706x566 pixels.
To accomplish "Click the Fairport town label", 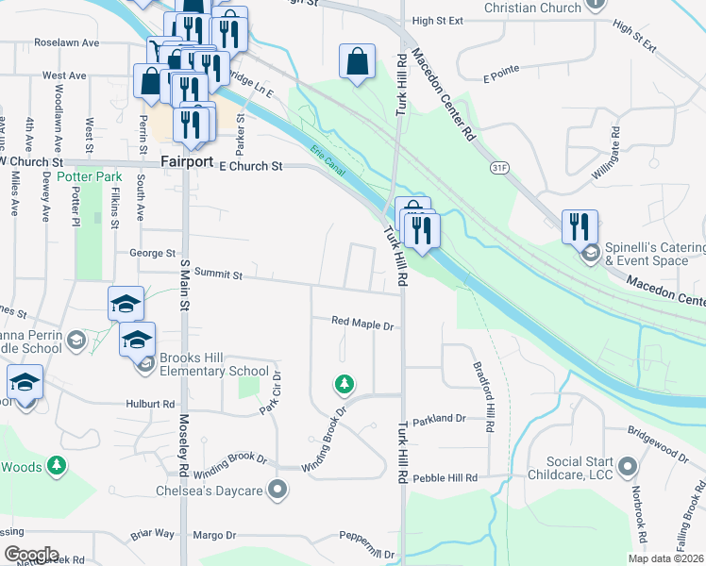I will click(x=186, y=161).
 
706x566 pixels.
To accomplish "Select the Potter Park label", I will click(x=90, y=176).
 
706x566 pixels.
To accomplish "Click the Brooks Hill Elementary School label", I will click(x=202, y=364).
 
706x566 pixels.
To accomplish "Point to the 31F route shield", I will click(x=499, y=167).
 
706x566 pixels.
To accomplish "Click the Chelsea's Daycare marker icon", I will click(x=277, y=489).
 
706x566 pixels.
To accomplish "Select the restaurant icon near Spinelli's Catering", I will click(x=580, y=226).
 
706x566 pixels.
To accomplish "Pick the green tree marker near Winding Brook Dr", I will click(x=345, y=384).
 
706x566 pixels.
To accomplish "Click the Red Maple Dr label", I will click(x=361, y=323).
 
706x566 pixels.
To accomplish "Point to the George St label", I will click(x=153, y=253).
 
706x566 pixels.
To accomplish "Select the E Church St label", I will click(x=251, y=166).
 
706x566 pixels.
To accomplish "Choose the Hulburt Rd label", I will click(x=151, y=403).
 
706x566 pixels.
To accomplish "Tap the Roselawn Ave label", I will click(x=67, y=42).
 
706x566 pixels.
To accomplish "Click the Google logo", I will click(x=30, y=555).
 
